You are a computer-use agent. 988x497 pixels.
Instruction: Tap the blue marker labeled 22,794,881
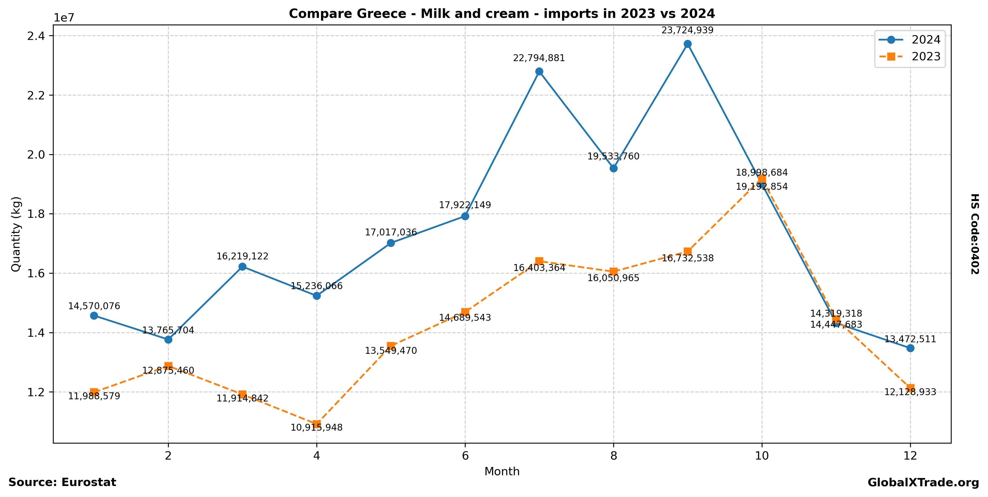pyautogui.click(x=539, y=72)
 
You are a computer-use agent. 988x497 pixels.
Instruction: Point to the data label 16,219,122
pyautogui.click(x=242, y=256)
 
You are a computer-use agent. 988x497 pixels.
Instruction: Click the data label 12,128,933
pyautogui.click(x=910, y=392)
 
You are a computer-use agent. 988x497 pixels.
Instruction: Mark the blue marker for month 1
pyautogui.click(x=94, y=316)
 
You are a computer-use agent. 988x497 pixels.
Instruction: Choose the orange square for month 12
pyautogui.click(x=910, y=388)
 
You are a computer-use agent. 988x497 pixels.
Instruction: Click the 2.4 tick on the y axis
pyautogui.click(x=35, y=36)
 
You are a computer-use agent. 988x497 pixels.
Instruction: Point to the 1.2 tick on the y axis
pyautogui.click(x=35, y=392)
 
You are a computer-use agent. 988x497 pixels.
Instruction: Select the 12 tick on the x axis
pyautogui.click(x=910, y=456)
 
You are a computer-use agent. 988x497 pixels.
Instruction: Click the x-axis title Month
pyautogui.click(x=502, y=472)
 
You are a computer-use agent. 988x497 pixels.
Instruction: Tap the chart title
pyautogui.click(x=502, y=14)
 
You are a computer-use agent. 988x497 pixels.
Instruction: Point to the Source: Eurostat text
pyautogui.click(x=62, y=482)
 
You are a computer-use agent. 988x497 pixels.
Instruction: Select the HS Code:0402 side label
pyautogui.click(x=975, y=234)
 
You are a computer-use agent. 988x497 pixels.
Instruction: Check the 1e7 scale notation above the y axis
pyautogui.click(x=64, y=18)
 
